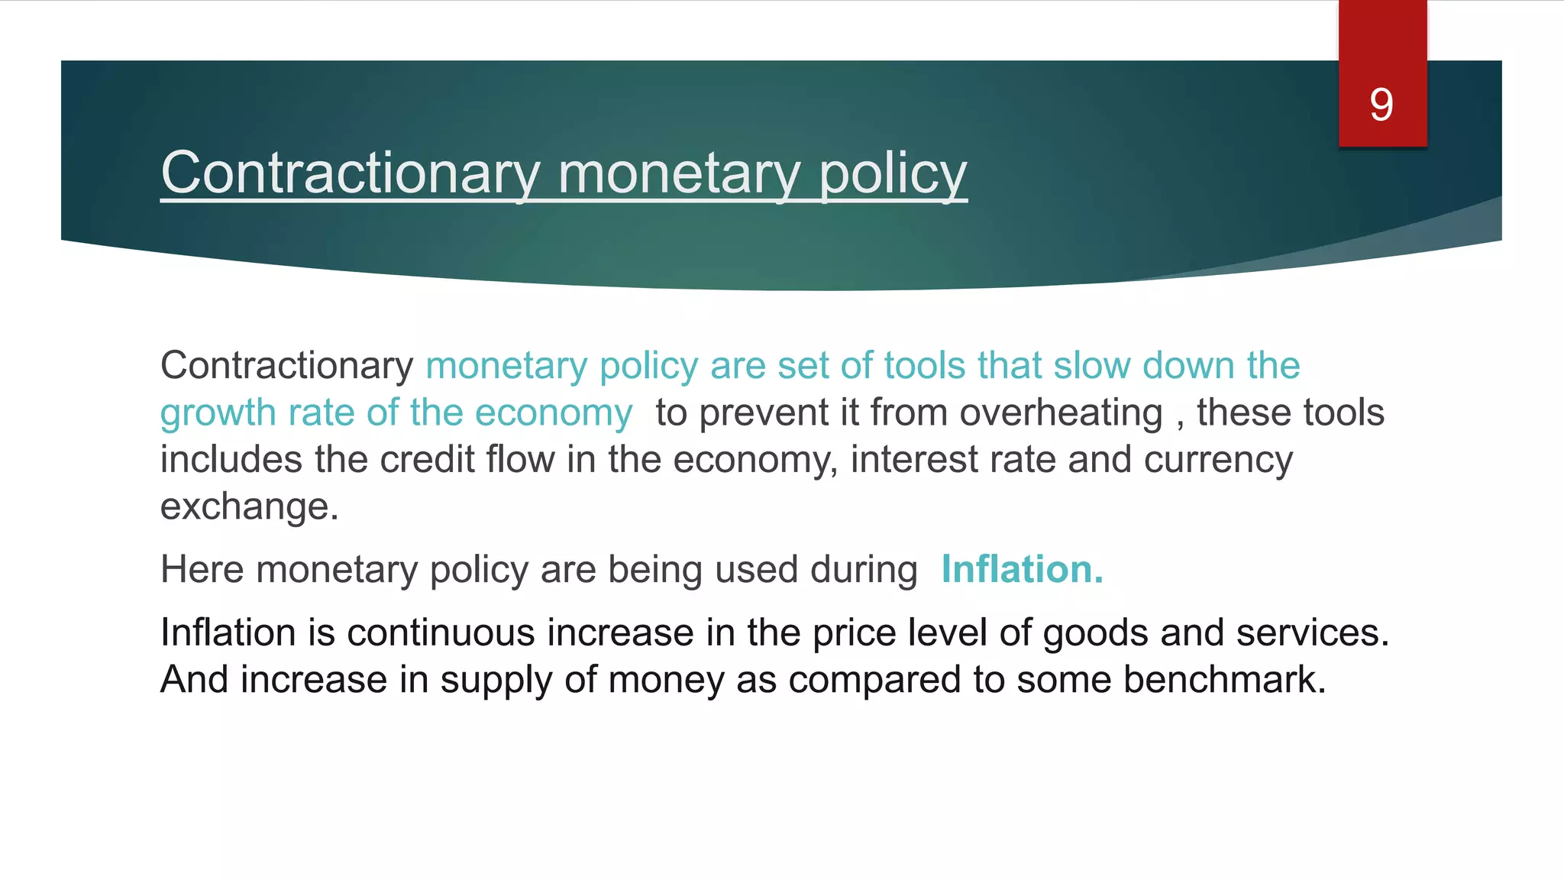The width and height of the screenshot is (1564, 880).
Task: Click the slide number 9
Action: (1381, 105)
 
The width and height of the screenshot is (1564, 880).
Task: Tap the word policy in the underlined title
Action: (893, 175)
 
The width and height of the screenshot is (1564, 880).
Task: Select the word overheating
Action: (1061, 413)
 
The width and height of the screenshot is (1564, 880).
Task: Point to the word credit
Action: (427, 460)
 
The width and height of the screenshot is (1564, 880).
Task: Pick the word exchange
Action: (249, 507)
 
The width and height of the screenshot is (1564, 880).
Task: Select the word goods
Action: (1095, 634)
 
